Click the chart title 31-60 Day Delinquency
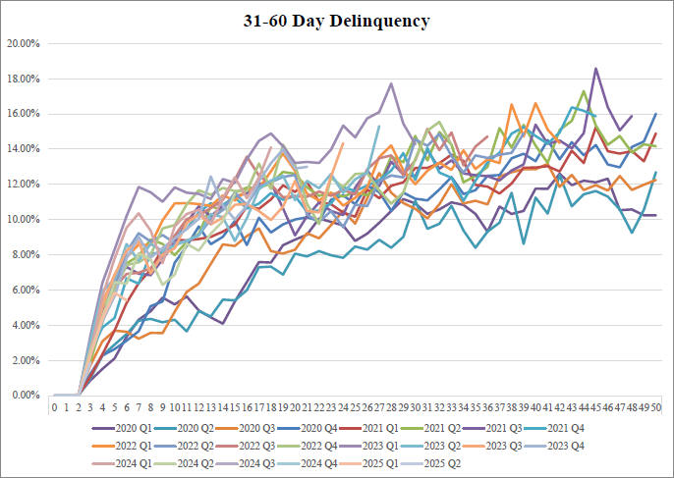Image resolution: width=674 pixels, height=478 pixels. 337,19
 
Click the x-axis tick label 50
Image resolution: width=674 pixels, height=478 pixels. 655,405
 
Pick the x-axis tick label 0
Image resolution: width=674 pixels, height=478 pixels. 55,405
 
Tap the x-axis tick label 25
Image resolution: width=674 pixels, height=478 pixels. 355,405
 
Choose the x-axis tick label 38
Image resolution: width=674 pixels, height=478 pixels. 511,405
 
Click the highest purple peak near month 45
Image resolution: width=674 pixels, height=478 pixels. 595,69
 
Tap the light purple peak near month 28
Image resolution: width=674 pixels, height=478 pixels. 391,83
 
